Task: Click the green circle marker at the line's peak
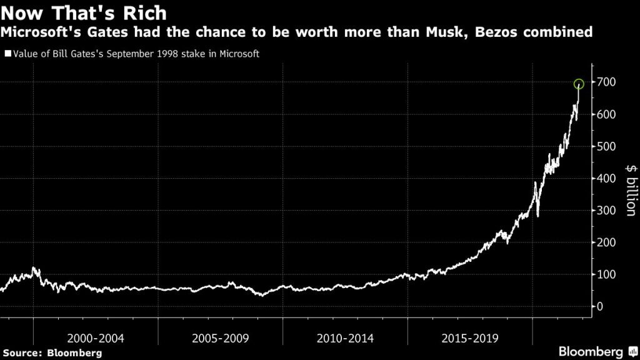pos(579,84)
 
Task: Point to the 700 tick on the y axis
pos(608,82)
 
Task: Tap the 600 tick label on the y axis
pos(608,114)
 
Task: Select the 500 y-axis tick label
pos(608,146)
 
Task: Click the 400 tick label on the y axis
pos(608,179)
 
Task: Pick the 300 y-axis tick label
pos(608,211)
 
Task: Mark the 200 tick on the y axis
pos(608,242)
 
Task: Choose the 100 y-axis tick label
pos(608,274)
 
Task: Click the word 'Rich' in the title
pos(144,12)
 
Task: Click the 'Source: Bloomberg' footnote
pos(52,352)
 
